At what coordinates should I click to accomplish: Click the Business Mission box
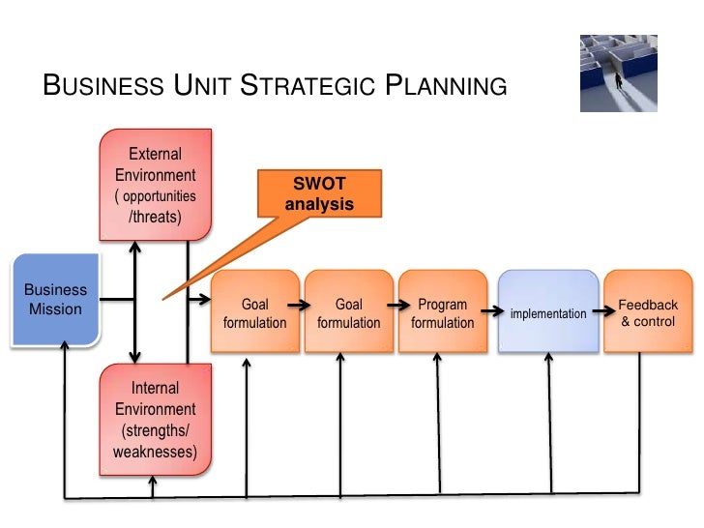click(x=55, y=300)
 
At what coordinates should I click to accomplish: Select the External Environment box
click(x=155, y=184)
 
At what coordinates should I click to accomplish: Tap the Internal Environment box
click(x=155, y=419)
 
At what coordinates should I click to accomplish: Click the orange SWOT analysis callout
click(x=319, y=193)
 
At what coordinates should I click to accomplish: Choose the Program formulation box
click(x=442, y=312)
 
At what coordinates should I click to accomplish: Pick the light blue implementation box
click(x=547, y=312)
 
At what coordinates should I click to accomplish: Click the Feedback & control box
click(x=648, y=312)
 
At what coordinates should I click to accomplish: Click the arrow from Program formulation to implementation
click(x=491, y=312)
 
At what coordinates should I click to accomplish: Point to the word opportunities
click(x=160, y=196)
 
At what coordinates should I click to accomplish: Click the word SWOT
click(x=319, y=185)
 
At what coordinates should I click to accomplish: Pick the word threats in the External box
click(x=158, y=217)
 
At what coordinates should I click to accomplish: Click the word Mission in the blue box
click(x=55, y=309)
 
